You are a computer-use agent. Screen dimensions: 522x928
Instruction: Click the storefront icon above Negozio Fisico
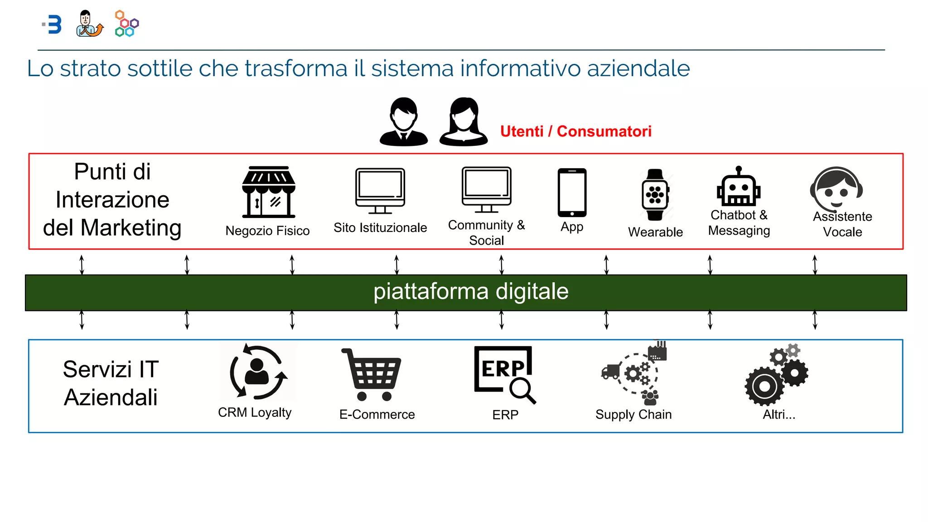click(x=269, y=192)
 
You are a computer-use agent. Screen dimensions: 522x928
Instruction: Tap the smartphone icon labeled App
click(x=572, y=193)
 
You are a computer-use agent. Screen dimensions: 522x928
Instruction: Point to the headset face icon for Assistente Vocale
click(x=837, y=188)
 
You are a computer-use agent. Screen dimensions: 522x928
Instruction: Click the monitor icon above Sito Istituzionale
click(x=380, y=191)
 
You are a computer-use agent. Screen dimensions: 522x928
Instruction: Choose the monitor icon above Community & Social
click(x=487, y=189)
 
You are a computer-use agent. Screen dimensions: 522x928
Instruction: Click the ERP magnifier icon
click(x=505, y=374)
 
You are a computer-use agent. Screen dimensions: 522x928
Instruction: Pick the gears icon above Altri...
click(x=777, y=375)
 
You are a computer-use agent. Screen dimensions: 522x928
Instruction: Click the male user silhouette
click(x=403, y=122)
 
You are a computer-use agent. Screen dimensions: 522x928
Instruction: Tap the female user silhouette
click(x=463, y=122)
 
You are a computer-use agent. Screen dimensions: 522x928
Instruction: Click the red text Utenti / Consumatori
click(x=575, y=131)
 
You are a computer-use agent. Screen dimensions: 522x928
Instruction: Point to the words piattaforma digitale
click(x=471, y=291)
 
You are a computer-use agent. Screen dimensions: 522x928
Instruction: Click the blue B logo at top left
click(x=54, y=24)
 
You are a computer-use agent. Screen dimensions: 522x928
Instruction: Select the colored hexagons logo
click(x=127, y=24)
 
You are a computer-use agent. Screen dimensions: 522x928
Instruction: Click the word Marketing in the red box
click(x=131, y=227)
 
